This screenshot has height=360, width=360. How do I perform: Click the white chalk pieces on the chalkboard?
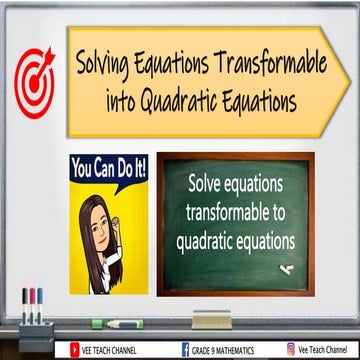click(x=286, y=268)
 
